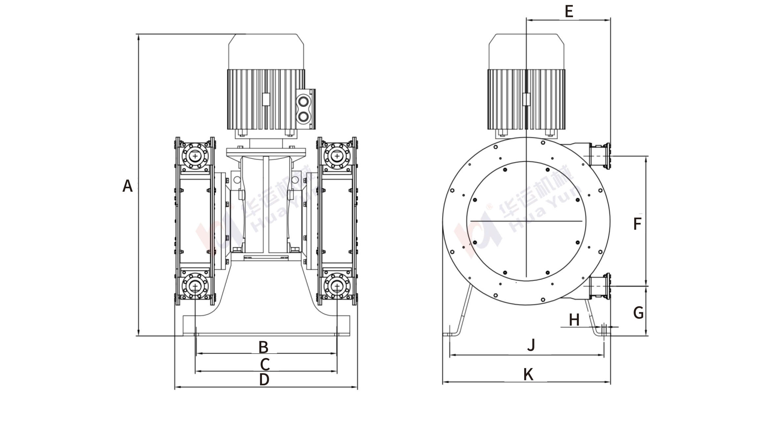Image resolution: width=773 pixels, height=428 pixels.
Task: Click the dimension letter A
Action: coord(127,186)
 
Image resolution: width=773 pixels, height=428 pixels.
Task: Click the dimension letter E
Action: coord(569,12)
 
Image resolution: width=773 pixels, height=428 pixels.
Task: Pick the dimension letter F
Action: coord(637,224)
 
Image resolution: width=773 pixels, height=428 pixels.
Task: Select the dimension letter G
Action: coord(638,313)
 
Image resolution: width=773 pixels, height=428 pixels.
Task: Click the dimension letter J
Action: coord(531,345)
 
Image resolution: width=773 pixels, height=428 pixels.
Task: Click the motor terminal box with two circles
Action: coord(305,109)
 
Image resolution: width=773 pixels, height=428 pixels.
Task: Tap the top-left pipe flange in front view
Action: coord(196,156)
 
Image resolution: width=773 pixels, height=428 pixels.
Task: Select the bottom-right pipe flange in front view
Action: coord(337,286)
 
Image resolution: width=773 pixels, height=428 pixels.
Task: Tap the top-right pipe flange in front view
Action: coord(337,156)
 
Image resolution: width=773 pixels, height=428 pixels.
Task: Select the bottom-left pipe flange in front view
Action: coord(196,286)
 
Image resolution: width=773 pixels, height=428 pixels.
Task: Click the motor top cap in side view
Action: coord(526,51)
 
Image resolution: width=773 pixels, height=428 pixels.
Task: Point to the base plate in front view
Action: coord(266,325)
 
